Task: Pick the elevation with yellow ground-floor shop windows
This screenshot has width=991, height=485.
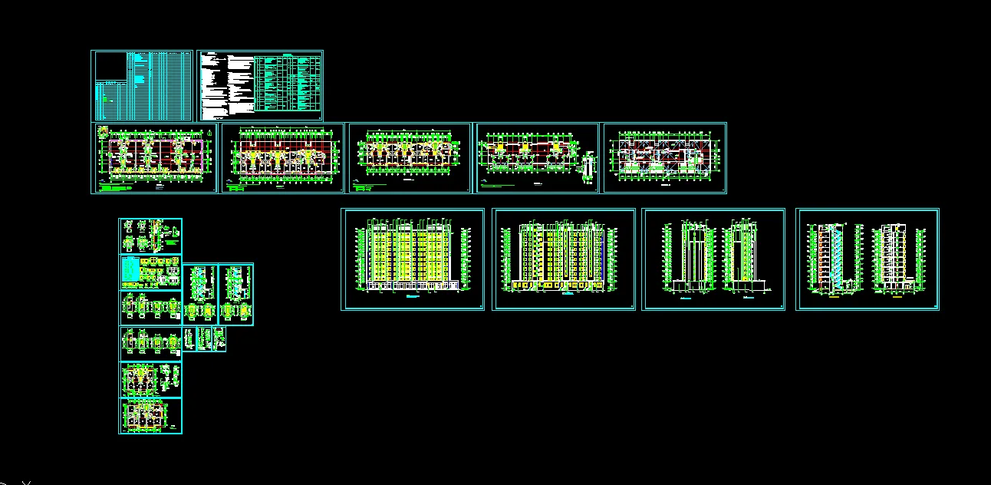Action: (563, 253)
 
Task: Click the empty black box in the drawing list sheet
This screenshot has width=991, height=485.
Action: (110, 66)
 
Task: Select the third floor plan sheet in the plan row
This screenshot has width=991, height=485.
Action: (410, 157)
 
